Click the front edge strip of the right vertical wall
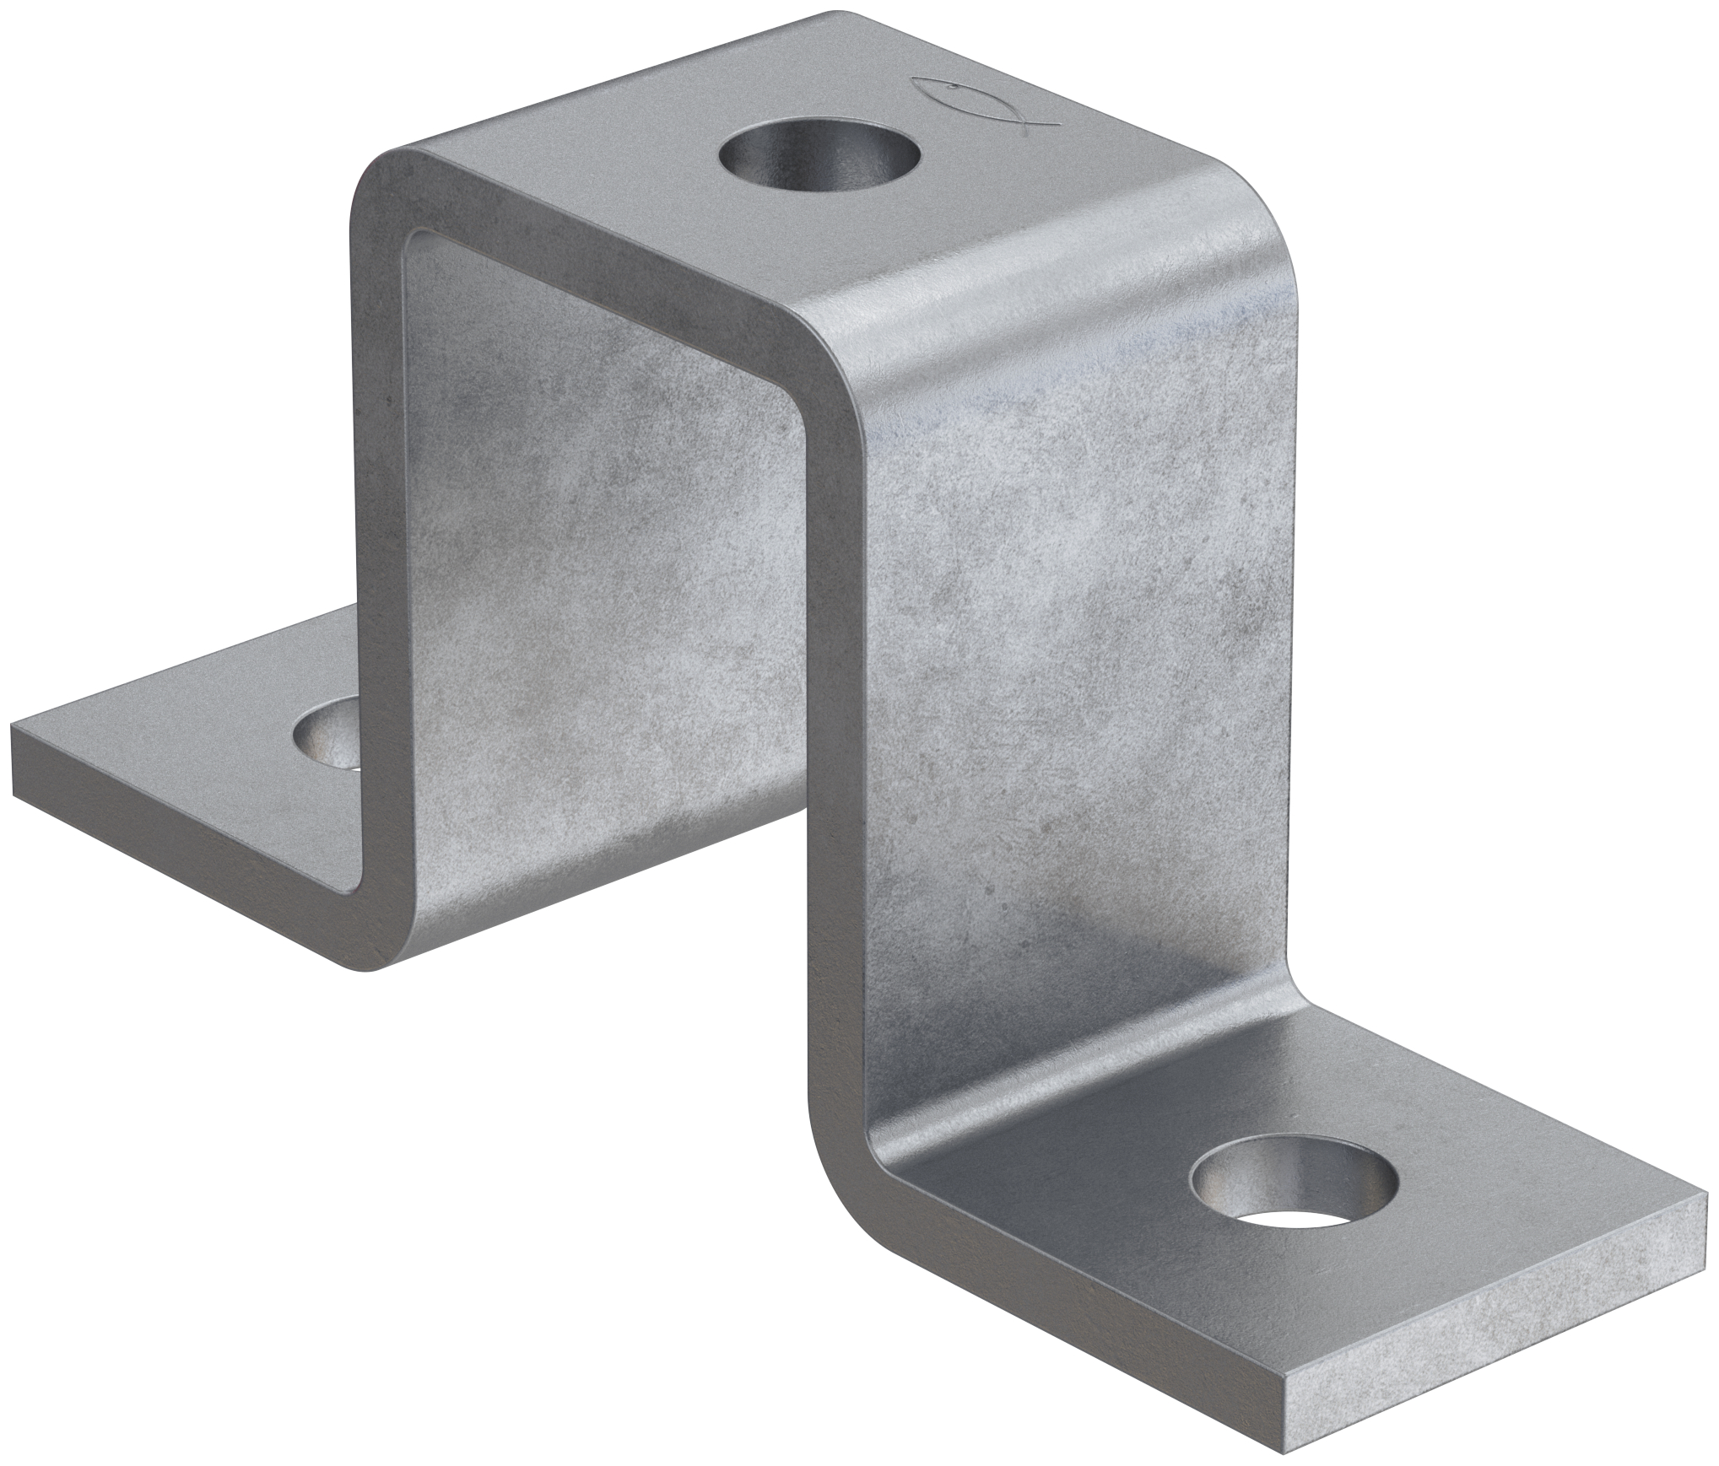(x=835, y=759)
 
